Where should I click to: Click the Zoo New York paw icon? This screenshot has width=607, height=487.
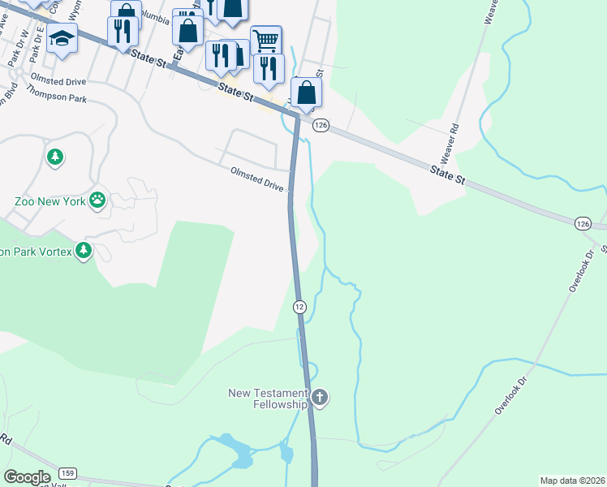pos(97,200)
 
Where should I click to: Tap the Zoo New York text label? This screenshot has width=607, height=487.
pos(50,200)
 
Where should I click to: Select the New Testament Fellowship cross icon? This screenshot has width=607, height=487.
pos(320,398)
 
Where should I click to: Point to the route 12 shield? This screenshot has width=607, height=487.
pos(299,306)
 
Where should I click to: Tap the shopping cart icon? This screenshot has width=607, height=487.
pos(266,39)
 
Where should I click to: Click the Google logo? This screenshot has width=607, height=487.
pos(27,476)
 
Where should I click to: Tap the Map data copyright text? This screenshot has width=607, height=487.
pos(571,481)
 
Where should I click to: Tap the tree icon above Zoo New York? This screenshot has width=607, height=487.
pos(54,156)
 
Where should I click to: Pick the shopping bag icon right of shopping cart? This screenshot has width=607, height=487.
pos(306,92)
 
